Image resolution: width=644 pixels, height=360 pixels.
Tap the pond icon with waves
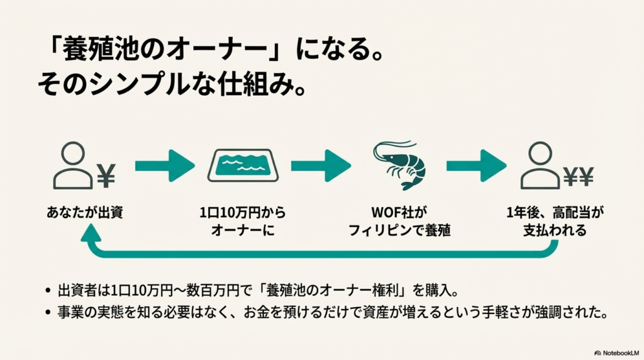click(x=243, y=166)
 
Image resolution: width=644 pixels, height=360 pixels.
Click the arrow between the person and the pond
click(x=165, y=166)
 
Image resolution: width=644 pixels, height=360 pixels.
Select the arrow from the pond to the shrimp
click(x=320, y=166)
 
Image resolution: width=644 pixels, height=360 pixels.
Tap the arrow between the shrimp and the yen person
click(x=476, y=166)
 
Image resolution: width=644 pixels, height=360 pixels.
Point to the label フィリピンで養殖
click(x=400, y=230)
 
